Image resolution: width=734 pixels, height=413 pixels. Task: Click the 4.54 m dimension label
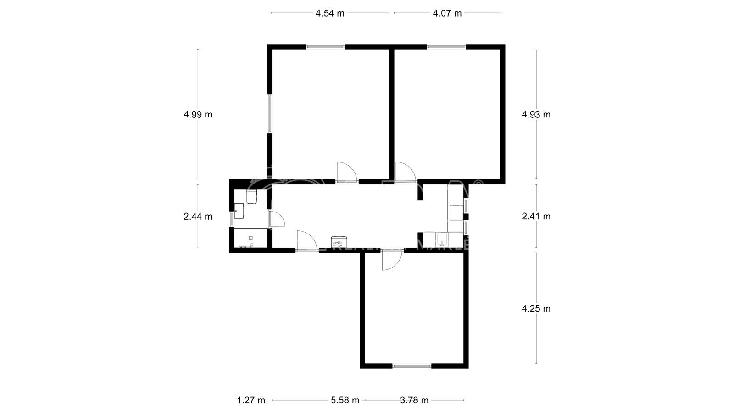tap(329, 13)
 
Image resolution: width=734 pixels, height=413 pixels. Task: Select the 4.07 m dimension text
tap(447, 13)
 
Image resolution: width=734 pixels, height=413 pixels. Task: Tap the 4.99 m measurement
tap(198, 114)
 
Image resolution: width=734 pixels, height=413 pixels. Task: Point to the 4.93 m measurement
tap(536, 114)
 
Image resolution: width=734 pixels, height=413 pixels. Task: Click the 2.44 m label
tap(198, 217)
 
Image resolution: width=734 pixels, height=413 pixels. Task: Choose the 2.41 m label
tap(536, 216)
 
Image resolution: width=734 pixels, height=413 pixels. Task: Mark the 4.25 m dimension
tap(536, 308)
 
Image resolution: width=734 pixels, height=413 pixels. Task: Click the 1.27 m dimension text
tap(251, 400)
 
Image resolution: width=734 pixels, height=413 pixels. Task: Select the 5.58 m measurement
tap(345, 400)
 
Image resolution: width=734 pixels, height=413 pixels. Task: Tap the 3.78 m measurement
tap(414, 400)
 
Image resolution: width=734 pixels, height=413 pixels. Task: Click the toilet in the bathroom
tap(251, 197)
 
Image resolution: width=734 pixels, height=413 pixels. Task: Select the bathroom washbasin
tap(239, 211)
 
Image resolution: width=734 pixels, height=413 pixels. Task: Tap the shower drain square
tap(250, 238)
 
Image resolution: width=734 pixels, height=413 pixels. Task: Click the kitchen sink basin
tap(442, 239)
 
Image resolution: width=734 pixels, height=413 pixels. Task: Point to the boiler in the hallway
tap(339, 242)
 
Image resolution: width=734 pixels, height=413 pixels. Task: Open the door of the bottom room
tap(391, 260)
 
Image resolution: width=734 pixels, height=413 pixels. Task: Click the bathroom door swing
tap(277, 219)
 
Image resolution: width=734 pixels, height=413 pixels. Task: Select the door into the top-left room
tap(346, 172)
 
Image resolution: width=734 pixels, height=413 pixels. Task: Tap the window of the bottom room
tap(412, 366)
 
